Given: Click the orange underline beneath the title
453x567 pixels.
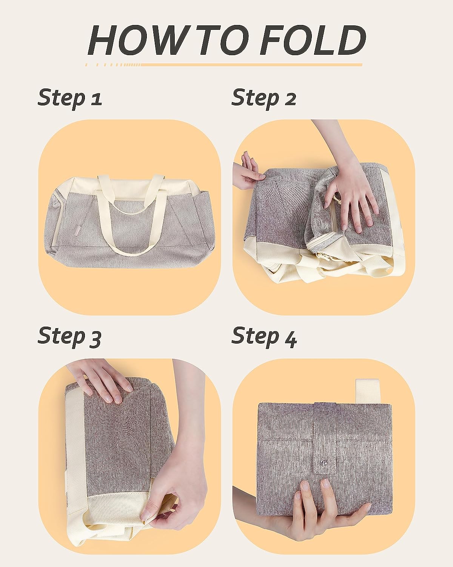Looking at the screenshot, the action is [x=224, y=65].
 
